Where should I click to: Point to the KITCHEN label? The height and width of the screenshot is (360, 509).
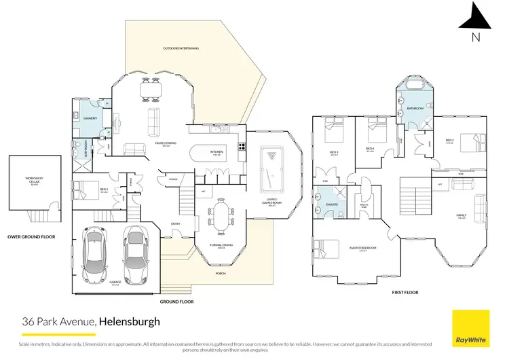click(216, 153)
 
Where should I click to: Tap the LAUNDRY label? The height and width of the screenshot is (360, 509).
click(90, 118)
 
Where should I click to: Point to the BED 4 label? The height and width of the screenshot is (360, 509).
click(370, 149)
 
